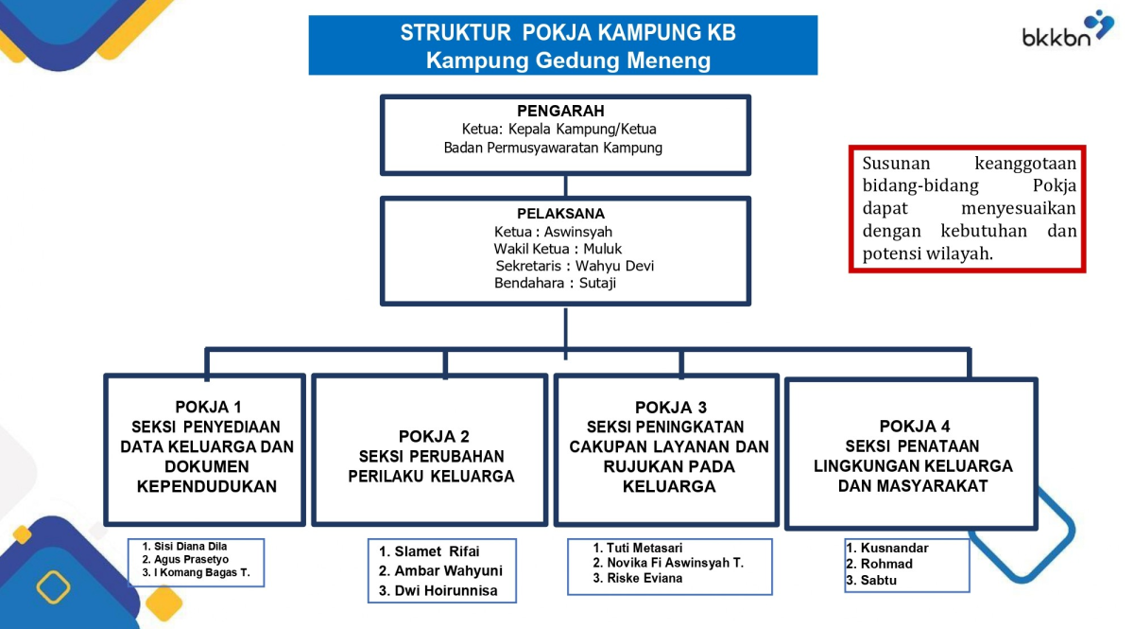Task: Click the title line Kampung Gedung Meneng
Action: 567,61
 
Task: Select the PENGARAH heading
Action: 560,112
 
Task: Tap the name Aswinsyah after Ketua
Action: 578,231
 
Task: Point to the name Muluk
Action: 602,249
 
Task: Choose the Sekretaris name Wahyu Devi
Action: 615,266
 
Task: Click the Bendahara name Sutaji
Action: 597,283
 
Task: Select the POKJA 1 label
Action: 208,407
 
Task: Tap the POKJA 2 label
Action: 434,436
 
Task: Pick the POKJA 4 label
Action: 915,426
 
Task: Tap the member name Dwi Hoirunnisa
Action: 445,591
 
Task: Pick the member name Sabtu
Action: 879,580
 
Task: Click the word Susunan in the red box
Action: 896,163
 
